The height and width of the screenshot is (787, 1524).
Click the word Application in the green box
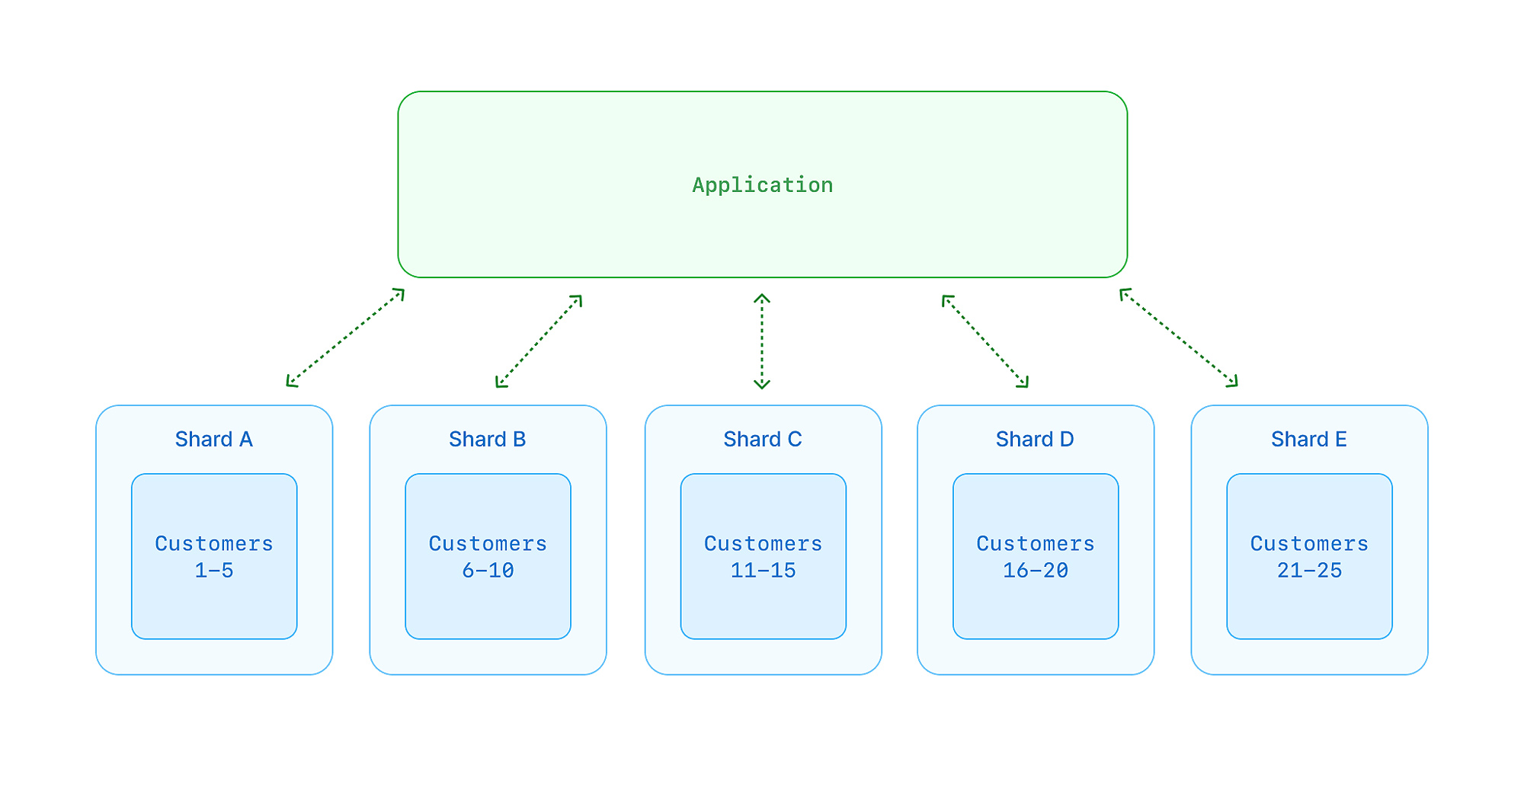tap(762, 185)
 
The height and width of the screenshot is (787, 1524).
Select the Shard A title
tap(213, 440)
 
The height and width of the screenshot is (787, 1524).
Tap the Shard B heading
tap(487, 440)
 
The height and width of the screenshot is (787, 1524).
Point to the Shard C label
tap(762, 440)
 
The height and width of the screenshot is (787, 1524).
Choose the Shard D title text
tap(1035, 440)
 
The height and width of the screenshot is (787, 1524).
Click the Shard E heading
tap(1308, 440)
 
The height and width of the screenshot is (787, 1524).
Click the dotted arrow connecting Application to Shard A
tap(345, 338)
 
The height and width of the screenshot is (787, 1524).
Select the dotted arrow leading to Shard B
tap(539, 341)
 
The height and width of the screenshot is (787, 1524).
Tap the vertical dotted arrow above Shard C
tap(762, 341)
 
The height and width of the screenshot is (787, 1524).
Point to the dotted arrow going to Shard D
tap(985, 341)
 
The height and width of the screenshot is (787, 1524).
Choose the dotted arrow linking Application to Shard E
tap(1178, 338)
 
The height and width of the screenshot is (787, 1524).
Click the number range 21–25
tap(1309, 571)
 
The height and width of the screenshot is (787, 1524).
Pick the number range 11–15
tap(763, 571)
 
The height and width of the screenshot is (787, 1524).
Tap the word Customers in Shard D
tap(1036, 544)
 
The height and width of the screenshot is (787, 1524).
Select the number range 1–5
tap(214, 571)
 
